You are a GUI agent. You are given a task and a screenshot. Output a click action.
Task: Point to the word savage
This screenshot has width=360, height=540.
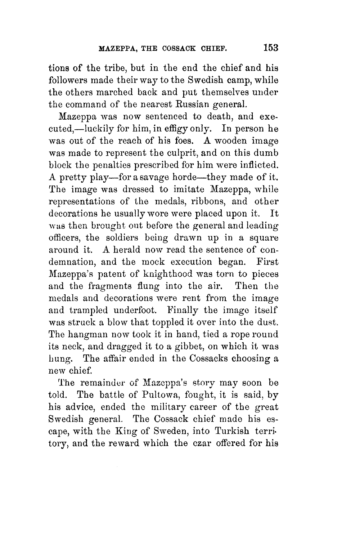[167, 177]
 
